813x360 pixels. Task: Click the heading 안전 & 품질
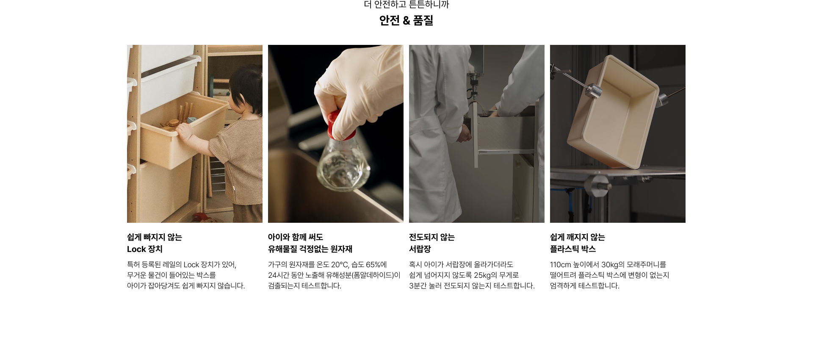click(406, 20)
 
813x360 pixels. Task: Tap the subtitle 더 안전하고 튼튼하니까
click(406, 5)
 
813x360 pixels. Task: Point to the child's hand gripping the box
click(184, 130)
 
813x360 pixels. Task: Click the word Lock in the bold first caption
click(136, 249)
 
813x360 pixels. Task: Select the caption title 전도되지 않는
click(432, 237)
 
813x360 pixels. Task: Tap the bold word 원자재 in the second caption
click(341, 249)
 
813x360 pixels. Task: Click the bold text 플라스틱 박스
click(573, 249)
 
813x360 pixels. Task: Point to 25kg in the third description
click(482, 275)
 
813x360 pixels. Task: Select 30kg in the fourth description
click(610, 265)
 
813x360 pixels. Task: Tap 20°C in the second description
click(340, 265)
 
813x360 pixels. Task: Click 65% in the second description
click(374, 265)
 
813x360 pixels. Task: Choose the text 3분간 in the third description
click(418, 286)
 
